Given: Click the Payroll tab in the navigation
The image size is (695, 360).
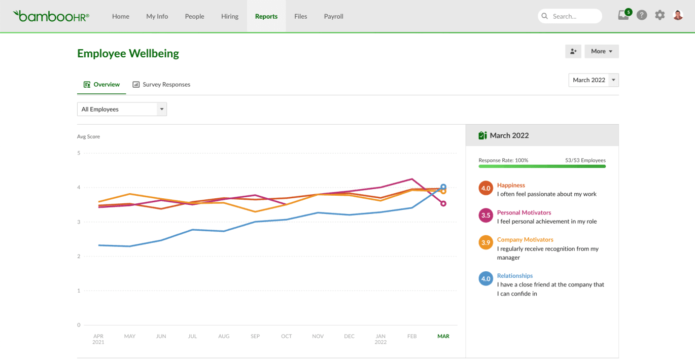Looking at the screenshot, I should [333, 16].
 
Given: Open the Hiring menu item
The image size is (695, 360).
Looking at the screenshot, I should [229, 16].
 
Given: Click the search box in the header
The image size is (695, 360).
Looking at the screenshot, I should [570, 16].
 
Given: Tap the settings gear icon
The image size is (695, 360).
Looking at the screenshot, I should [659, 15].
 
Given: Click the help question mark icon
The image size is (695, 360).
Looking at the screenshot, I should [642, 15].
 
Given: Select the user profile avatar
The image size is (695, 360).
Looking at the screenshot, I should [678, 15].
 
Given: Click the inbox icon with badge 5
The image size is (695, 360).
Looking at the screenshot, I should [624, 15].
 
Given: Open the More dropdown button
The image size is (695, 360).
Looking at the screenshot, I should [602, 51].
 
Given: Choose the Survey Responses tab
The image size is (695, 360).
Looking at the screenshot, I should [161, 85].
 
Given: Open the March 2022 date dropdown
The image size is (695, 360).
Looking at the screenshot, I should [594, 80].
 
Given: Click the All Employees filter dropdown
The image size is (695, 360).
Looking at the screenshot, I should [122, 109].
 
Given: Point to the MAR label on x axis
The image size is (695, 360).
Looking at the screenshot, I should [443, 336].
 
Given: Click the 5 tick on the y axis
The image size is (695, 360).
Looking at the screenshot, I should [79, 153].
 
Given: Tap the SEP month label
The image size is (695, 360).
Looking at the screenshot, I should [255, 336].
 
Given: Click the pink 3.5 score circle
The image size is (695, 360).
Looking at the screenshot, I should [485, 215].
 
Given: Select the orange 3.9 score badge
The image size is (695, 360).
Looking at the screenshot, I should [485, 243].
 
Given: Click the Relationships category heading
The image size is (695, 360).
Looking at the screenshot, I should [514, 276].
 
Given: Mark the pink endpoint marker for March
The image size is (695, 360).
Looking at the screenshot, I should [443, 203].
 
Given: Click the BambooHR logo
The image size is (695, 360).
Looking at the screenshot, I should [51, 16].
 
